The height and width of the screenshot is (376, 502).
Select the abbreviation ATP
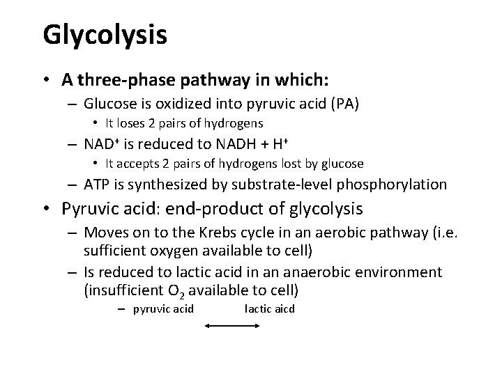(x=97, y=185)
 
